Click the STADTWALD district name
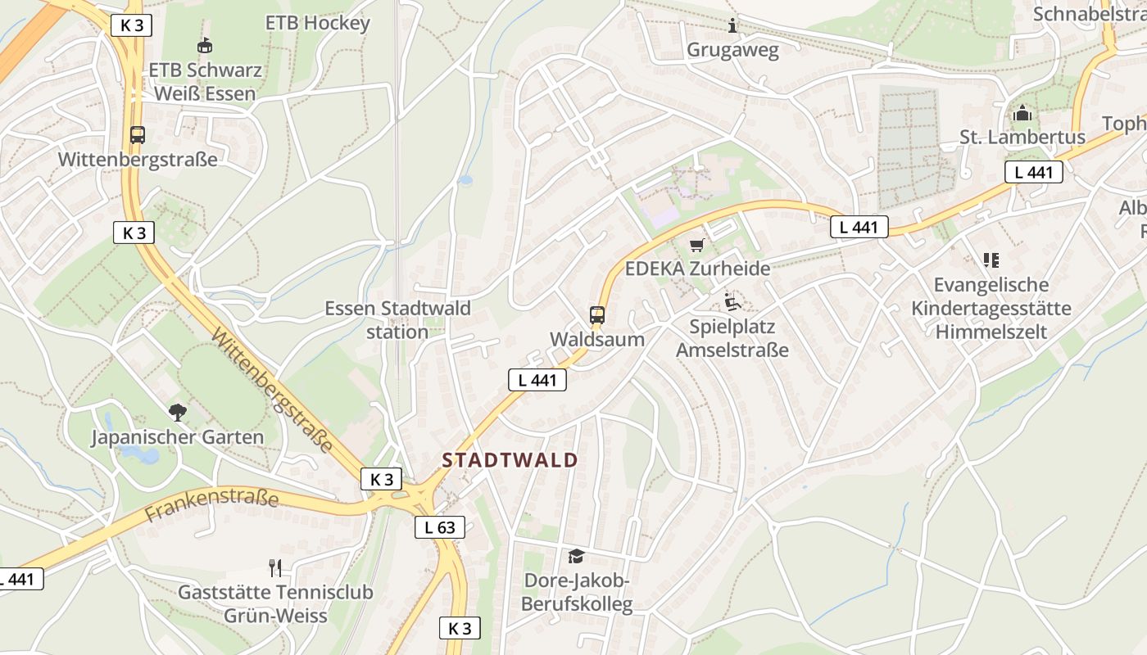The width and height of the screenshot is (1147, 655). pos(510,460)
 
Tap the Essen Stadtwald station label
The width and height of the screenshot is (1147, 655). pos(397,320)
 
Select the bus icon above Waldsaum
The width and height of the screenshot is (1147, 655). pos(597,314)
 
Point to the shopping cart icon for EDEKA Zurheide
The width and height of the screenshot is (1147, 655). pos(697,244)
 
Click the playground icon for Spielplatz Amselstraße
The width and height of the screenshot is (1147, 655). pos(732,302)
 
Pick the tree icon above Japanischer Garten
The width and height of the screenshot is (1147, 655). pos(177,412)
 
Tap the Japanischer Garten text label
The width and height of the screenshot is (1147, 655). pos(177,437)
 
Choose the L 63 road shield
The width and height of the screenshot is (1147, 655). pos(439,527)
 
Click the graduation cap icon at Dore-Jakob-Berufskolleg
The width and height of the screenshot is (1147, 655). pos(576,557)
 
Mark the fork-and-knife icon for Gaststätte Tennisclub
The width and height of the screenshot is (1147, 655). pos(275,567)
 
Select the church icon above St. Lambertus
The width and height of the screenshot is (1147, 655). pos(1022,112)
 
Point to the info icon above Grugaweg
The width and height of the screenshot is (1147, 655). pos(732,25)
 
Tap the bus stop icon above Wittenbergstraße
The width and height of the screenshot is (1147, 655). pos(138,135)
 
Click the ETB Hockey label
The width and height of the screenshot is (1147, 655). pos(318,23)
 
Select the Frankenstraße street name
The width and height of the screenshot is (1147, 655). pos(211,502)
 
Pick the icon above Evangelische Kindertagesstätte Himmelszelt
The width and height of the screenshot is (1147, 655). pos(991,260)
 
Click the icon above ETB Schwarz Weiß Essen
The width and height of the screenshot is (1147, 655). pos(204,45)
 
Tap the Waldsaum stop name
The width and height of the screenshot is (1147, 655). pos(597,339)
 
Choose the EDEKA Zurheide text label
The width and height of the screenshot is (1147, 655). pos(697,269)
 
